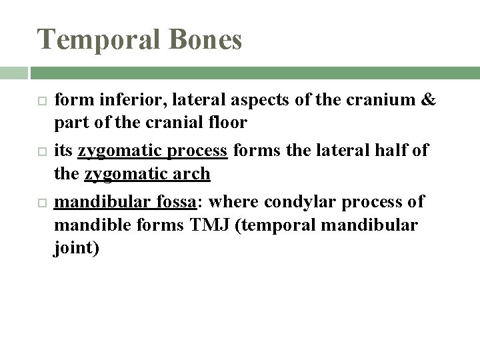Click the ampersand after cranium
tap(429, 100)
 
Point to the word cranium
tap(383, 100)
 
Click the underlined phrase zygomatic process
tap(153, 151)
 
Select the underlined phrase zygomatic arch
tap(147, 175)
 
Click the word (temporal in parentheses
tap(281, 225)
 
